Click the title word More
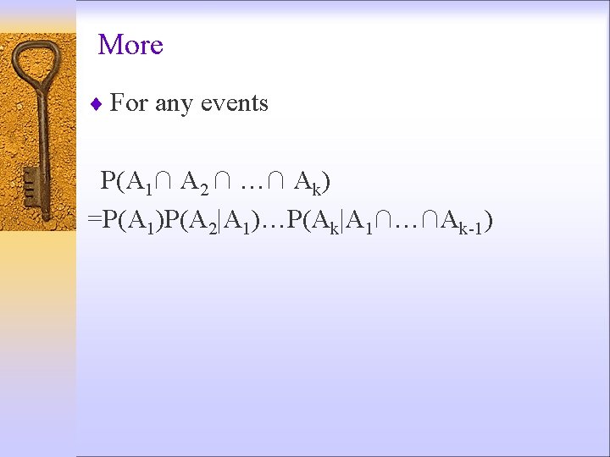[130, 45]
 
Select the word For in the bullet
[129, 103]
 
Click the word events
[234, 103]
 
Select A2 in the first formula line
[196, 182]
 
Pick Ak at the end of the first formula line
[306, 182]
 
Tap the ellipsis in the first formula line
[252, 182]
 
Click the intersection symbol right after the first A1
[164, 181]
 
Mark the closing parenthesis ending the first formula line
[325, 181]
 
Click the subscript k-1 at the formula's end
[472, 228]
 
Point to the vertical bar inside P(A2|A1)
[221, 221]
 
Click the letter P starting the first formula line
[108, 181]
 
